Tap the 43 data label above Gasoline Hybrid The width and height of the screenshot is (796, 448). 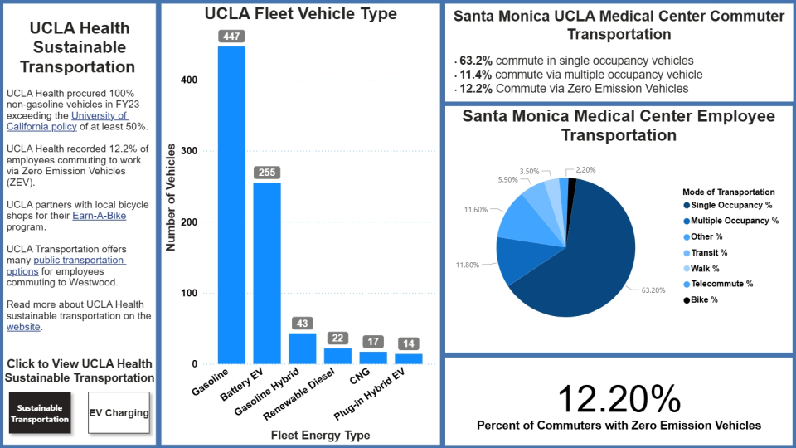(302, 322)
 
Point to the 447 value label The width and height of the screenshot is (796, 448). (231, 36)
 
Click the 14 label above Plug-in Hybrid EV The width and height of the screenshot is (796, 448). (408, 343)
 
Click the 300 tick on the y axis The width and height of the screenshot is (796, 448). (192, 151)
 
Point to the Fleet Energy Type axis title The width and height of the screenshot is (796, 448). (320, 435)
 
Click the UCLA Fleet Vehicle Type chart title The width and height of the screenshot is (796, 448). (301, 14)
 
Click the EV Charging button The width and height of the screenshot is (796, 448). (119, 413)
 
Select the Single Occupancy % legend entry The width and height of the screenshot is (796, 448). (729, 206)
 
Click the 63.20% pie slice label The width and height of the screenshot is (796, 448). (653, 290)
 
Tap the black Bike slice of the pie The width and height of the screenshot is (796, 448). (572, 183)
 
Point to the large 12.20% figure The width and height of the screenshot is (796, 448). (619, 399)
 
